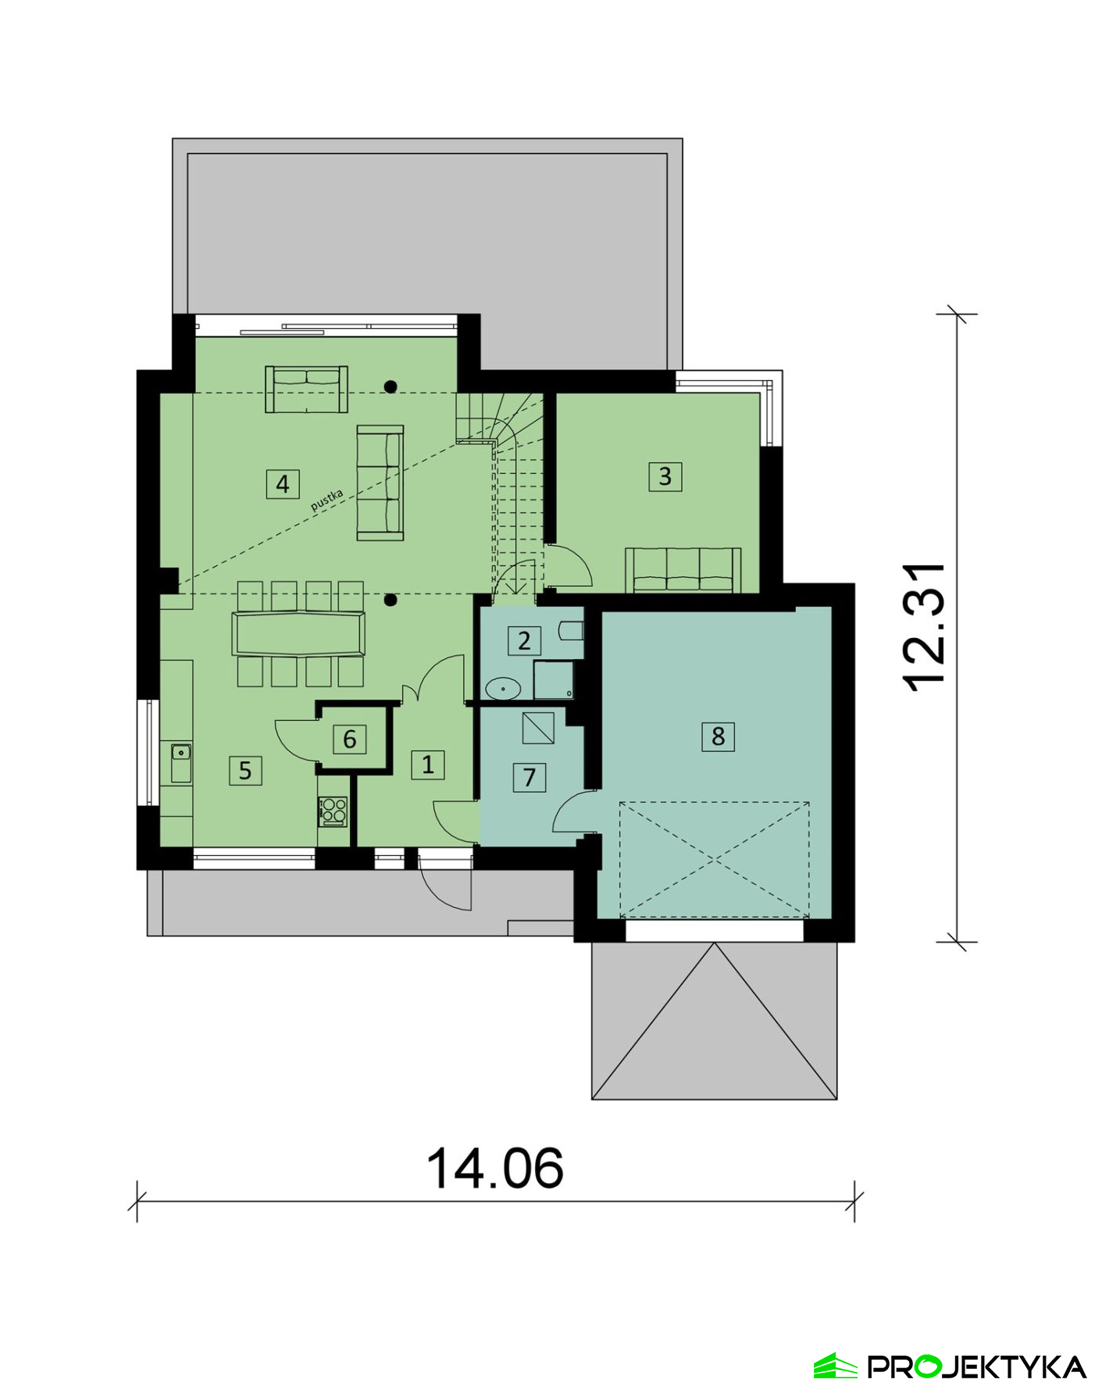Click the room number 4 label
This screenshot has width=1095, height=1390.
(x=282, y=484)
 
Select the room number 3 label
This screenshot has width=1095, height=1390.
(x=665, y=476)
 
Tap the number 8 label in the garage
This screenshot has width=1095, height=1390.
(x=718, y=736)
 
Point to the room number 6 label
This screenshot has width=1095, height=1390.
(x=349, y=739)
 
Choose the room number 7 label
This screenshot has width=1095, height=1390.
(x=530, y=777)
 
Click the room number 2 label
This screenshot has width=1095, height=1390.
(x=524, y=640)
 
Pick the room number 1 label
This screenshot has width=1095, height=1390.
(x=428, y=764)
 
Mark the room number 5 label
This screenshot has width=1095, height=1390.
(x=245, y=770)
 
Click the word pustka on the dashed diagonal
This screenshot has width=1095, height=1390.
(x=327, y=500)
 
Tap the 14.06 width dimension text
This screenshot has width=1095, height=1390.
(x=494, y=1168)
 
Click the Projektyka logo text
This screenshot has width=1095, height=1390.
(x=977, y=1367)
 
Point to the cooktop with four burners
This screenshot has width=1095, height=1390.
(x=333, y=811)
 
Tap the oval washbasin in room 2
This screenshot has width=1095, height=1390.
(x=503, y=689)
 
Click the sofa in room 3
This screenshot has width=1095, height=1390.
(x=683, y=570)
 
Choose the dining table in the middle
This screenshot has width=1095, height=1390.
(x=298, y=634)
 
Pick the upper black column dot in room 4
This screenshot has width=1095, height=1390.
(x=391, y=386)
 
